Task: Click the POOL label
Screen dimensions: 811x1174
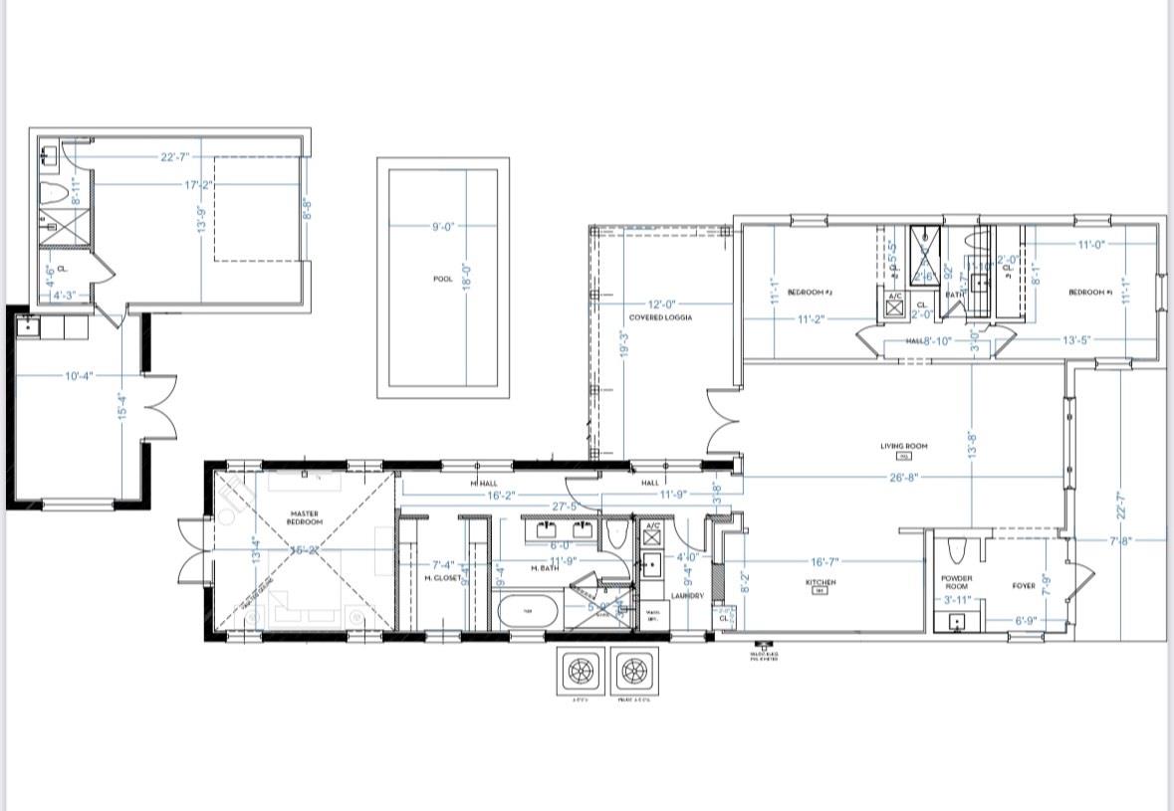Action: click(x=443, y=280)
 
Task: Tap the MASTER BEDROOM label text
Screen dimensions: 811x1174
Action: click(x=306, y=517)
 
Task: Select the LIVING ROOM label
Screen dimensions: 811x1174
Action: click(x=904, y=447)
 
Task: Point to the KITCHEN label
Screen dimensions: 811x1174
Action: click(x=821, y=583)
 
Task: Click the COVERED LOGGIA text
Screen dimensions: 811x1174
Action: click(x=659, y=317)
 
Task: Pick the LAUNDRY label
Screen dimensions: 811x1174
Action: click(x=687, y=596)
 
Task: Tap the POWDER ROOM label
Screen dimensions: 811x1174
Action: click(x=956, y=582)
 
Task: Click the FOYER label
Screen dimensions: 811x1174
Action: click(x=1024, y=586)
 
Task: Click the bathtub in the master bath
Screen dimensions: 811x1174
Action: click(x=528, y=611)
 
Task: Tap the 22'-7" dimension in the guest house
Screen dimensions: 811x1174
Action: click(x=174, y=157)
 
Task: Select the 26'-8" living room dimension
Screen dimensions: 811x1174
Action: click(x=903, y=478)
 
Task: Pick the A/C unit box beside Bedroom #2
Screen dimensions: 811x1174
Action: click(x=894, y=305)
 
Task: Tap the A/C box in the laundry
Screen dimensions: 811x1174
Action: click(x=652, y=534)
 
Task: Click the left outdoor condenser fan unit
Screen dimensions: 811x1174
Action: click(x=581, y=673)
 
